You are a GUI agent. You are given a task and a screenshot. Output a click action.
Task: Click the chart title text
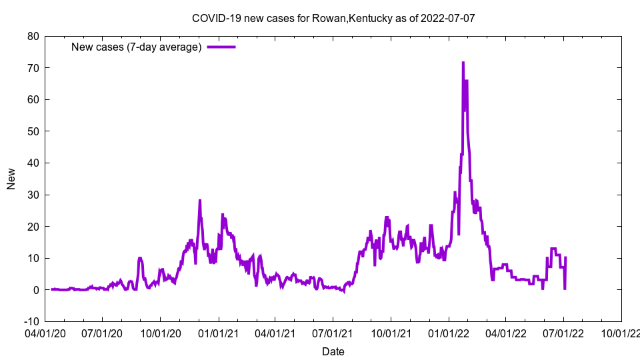pos(333,19)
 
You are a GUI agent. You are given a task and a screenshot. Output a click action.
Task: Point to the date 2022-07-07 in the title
pos(447,19)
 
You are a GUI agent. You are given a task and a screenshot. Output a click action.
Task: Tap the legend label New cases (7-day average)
pos(136,47)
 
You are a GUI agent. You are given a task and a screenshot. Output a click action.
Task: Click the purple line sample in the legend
pos(221,47)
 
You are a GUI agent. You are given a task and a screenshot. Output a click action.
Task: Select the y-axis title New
pos(11,179)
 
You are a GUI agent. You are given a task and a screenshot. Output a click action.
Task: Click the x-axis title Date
pos(333,351)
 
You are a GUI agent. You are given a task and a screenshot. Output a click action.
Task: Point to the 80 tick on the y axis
pos(32,36)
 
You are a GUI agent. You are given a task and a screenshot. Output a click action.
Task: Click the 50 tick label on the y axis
pos(32,131)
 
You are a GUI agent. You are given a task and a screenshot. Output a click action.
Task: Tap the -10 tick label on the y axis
pos(30,321)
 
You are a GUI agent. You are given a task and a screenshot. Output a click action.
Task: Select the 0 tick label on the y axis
pos(35,290)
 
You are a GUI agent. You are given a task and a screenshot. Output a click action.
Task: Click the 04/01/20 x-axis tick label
pos(45,331)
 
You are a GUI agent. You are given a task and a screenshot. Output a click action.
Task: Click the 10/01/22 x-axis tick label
pos(621,331)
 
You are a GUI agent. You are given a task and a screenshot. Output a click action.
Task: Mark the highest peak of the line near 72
pos(463,63)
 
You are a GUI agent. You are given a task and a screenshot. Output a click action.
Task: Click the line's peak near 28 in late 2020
pos(199,201)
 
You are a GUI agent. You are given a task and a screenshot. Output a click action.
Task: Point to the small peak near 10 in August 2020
pos(140,258)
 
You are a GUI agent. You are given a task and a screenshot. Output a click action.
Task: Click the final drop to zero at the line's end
pos(565,289)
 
